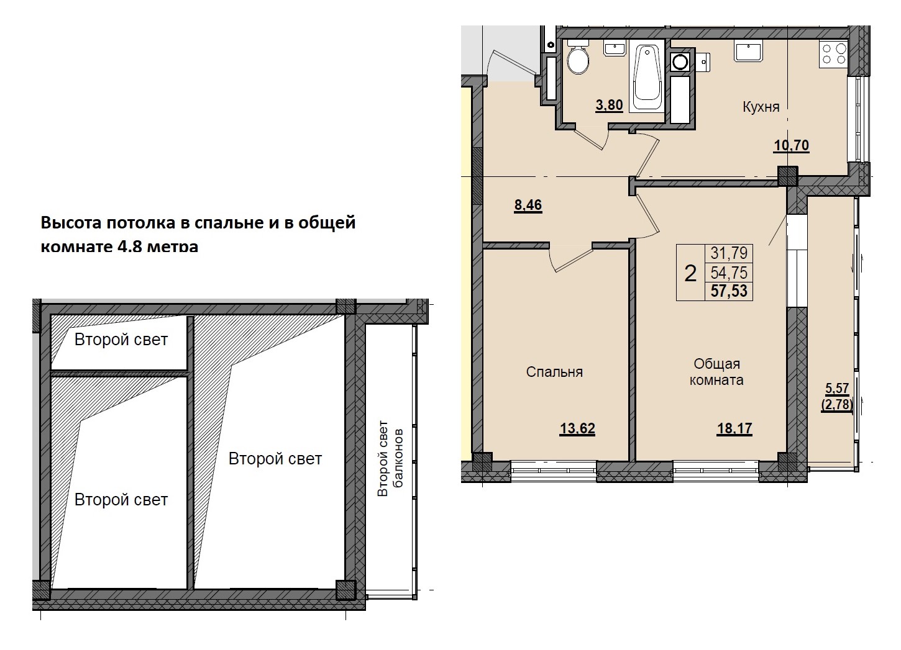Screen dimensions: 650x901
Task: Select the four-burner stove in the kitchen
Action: coord(834,53)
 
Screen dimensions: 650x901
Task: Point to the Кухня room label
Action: coord(761,107)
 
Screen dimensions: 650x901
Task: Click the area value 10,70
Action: coord(791,145)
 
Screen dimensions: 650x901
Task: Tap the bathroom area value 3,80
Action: coord(609,105)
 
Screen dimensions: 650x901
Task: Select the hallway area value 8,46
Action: coord(528,205)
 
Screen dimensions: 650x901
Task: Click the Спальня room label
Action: coord(554,372)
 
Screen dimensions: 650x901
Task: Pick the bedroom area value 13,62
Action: coord(577,428)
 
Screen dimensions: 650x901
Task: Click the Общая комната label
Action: coord(717,372)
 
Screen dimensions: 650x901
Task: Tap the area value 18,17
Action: coord(734,428)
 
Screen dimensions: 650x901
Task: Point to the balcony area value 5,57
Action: coord(837,389)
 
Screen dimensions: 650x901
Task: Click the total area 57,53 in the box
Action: coord(729,291)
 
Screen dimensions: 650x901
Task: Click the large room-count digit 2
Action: coord(690,273)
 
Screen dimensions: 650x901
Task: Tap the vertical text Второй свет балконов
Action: coord(391,458)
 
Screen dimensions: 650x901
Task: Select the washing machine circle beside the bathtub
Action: coord(680,61)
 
